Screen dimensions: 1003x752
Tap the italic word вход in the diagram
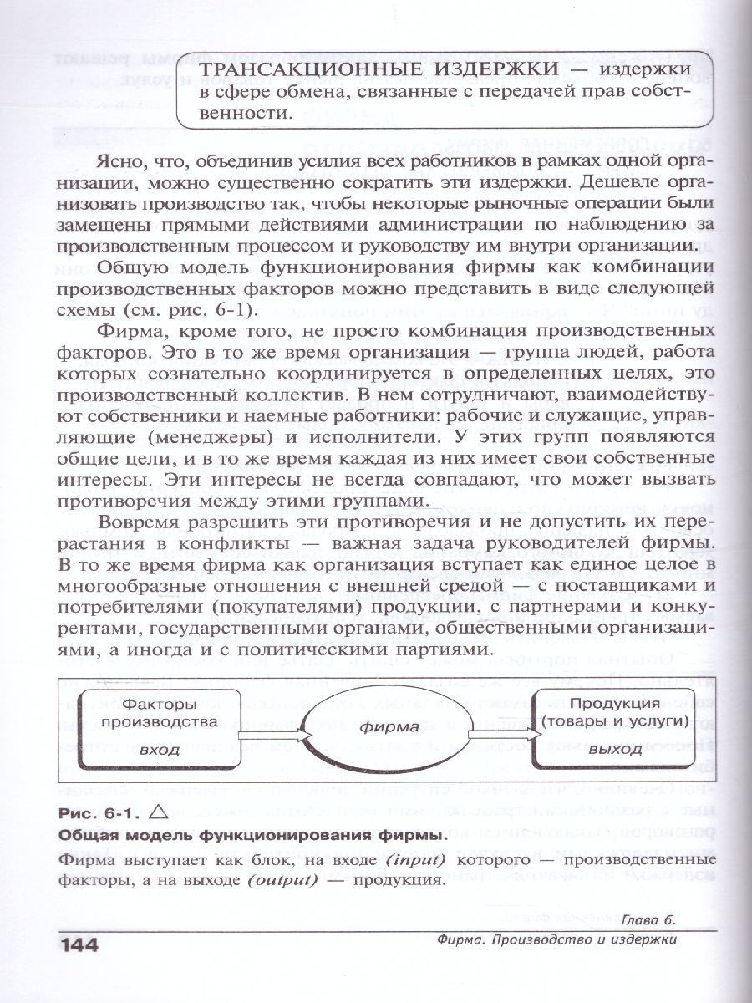159,749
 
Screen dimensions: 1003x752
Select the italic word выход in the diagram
614,749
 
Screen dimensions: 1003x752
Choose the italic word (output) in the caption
292,883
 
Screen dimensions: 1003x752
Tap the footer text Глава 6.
647,920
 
